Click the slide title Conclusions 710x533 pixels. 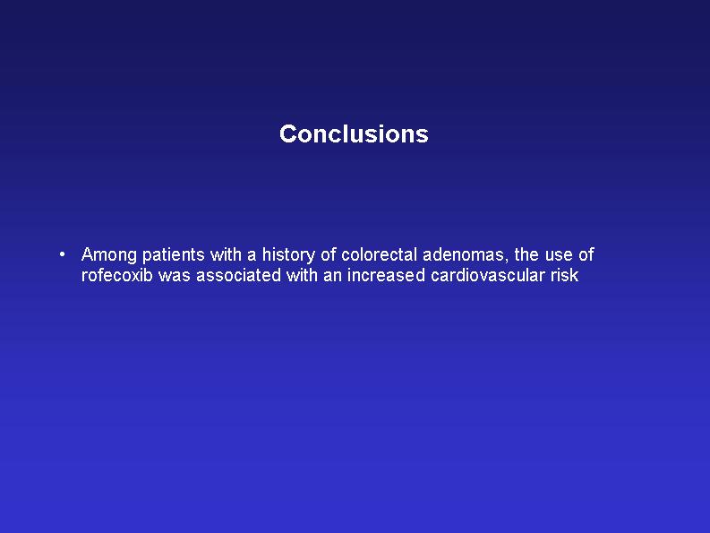354,134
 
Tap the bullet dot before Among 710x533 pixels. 62,254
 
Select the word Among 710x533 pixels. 108,255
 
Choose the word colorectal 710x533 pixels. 379,254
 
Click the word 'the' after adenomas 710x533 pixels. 526,254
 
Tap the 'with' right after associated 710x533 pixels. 302,275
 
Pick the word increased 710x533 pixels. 386,275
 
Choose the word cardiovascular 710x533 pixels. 488,275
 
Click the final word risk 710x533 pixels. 565,275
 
